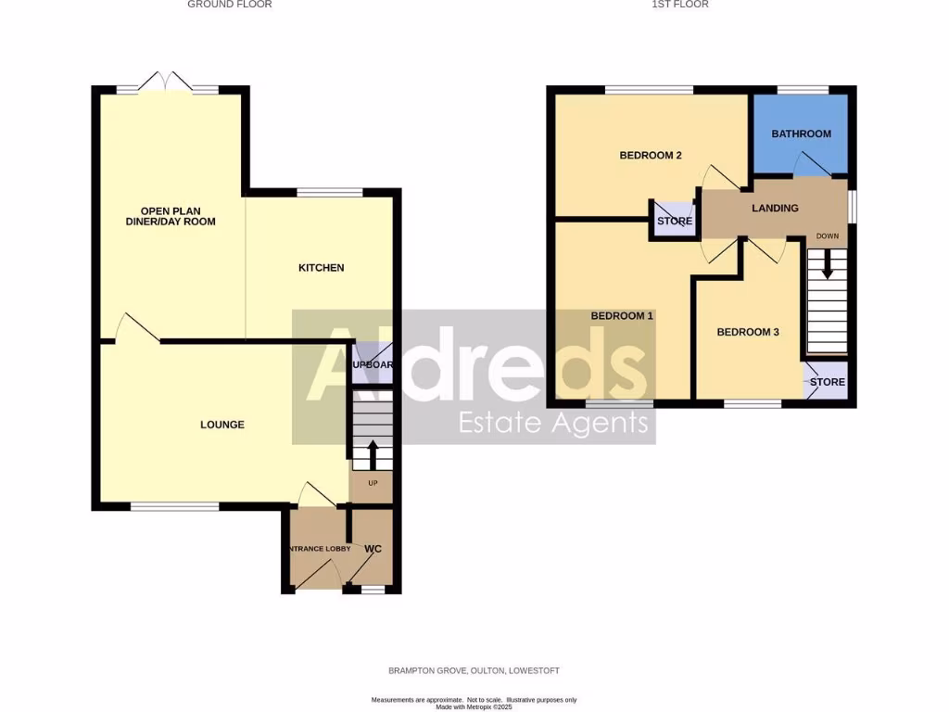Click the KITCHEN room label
[x=321, y=268]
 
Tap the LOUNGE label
[x=222, y=425]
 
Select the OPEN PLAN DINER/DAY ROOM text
[x=171, y=216]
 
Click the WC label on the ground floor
[x=373, y=549]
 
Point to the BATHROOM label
[x=802, y=133]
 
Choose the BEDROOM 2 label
[x=651, y=155]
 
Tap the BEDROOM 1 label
[x=622, y=315]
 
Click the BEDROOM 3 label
[x=748, y=332]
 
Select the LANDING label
[x=775, y=208]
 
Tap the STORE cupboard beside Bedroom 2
[x=675, y=222]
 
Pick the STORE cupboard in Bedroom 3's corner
[x=828, y=382]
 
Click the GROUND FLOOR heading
[x=230, y=5]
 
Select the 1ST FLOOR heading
[x=680, y=5]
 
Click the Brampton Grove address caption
[x=474, y=670]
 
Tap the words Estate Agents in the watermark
[x=554, y=424]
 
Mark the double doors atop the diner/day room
[x=168, y=83]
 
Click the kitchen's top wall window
[x=330, y=193]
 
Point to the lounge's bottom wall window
[x=174, y=506]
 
